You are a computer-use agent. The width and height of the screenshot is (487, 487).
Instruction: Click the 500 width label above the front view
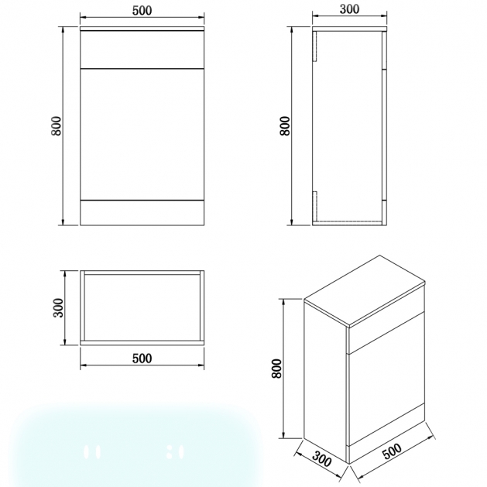pos(142,11)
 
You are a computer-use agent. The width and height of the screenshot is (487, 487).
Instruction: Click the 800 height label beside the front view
pos(57,125)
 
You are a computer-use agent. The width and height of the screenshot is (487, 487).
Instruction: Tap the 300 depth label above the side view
pos(349,9)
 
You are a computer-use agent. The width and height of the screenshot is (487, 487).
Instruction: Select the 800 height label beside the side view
pos(285,125)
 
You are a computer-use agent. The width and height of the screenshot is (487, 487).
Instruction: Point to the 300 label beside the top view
pos(58,307)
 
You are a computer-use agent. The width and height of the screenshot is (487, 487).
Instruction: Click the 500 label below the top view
pos(142,358)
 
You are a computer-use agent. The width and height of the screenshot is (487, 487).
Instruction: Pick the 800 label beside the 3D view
pos(276,369)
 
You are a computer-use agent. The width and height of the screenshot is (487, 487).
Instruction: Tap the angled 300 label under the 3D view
pos(322,459)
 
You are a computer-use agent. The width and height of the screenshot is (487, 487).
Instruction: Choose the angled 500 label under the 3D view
pos(392,451)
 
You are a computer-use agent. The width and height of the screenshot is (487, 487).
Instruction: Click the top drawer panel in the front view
pos(142,50)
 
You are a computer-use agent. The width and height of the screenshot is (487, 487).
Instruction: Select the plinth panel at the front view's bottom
pos(142,212)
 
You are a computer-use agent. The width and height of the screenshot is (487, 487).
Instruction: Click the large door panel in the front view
pos(142,134)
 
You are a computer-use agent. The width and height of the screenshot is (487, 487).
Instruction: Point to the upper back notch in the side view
pos(314,46)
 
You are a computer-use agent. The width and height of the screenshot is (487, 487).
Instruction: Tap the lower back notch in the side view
pos(314,206)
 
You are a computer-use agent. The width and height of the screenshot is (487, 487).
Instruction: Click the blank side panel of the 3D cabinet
pos(325,383)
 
